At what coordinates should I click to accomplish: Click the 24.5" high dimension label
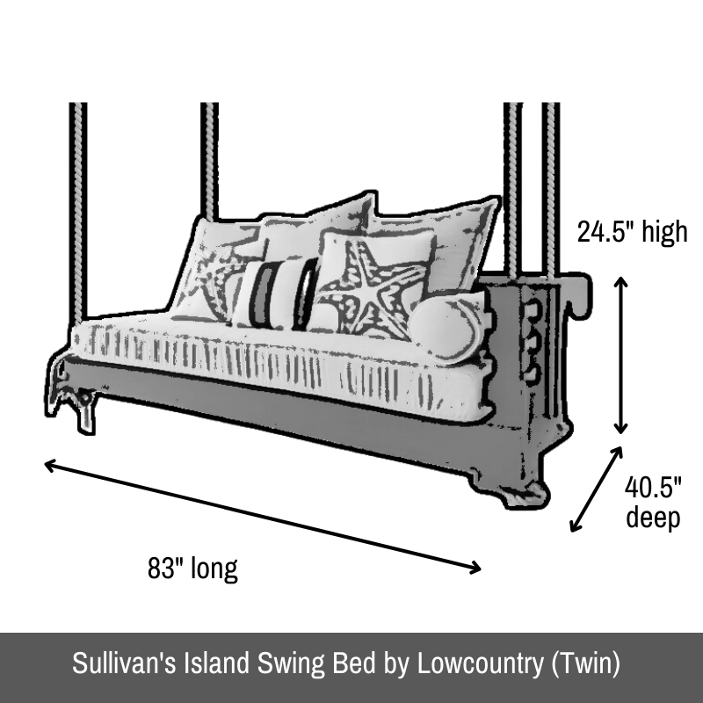pyautogui.click(x=632, y=232)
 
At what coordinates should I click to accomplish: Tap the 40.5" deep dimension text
pyautogui.click(x=653, y=502)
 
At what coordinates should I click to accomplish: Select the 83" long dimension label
pyautogui.click(x=192, y=568)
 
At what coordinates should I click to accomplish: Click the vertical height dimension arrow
pyautogui.click(x=620, y=356)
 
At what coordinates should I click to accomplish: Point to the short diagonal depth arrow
pyautogui.click(x=597, y=489)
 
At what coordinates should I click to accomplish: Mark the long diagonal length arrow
pyautogui.click(x=263, y=517)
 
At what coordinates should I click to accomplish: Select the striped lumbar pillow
pyautogui.click(x=275, y=294)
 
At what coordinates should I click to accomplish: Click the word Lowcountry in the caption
pyautogui.click(x=480, y=663)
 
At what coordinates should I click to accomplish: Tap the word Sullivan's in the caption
pyautogui.click(x=124, y=663)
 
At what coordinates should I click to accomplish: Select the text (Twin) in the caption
pyautogui.click(x=585, y=663)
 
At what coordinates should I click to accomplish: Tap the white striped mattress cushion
pyautogui.click(x=278, y=363)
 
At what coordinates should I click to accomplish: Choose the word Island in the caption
pyautogui.click(x=216, y=663)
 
